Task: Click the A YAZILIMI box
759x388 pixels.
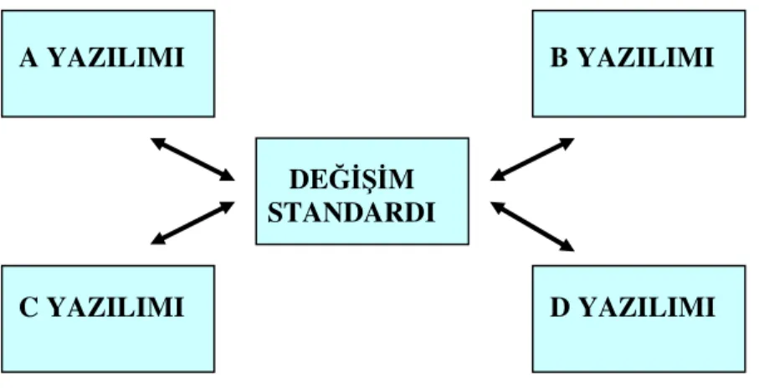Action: click(108, 64)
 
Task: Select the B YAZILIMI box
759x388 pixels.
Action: click(639, 64)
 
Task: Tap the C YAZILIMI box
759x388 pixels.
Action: click(108, 319)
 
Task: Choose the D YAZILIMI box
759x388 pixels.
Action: click(639, 319)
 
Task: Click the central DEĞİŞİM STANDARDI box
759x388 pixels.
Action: click(362, 191)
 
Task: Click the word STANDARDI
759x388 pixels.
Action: click(352, 212)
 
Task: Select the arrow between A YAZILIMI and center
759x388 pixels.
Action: click(192, 159)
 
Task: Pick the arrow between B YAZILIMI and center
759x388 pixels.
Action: click(532, 159)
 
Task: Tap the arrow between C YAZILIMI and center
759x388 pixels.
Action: click(192, 223)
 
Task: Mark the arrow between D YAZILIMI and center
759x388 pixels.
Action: click(532, 227)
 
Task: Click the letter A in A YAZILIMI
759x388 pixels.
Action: click(28, 58)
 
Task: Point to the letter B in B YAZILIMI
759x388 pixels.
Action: click(559, 58)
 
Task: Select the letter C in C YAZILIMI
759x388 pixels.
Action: click(28, 307)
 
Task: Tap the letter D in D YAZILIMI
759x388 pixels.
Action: click(560, 307)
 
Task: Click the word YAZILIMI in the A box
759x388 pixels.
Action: click(116, 58)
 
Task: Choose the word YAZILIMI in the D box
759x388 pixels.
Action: click(648, 307)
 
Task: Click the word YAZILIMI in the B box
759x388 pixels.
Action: click(647, 58)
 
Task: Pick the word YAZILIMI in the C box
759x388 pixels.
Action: click(116, 307)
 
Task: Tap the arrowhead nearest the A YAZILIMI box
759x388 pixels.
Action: click(158, 142)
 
